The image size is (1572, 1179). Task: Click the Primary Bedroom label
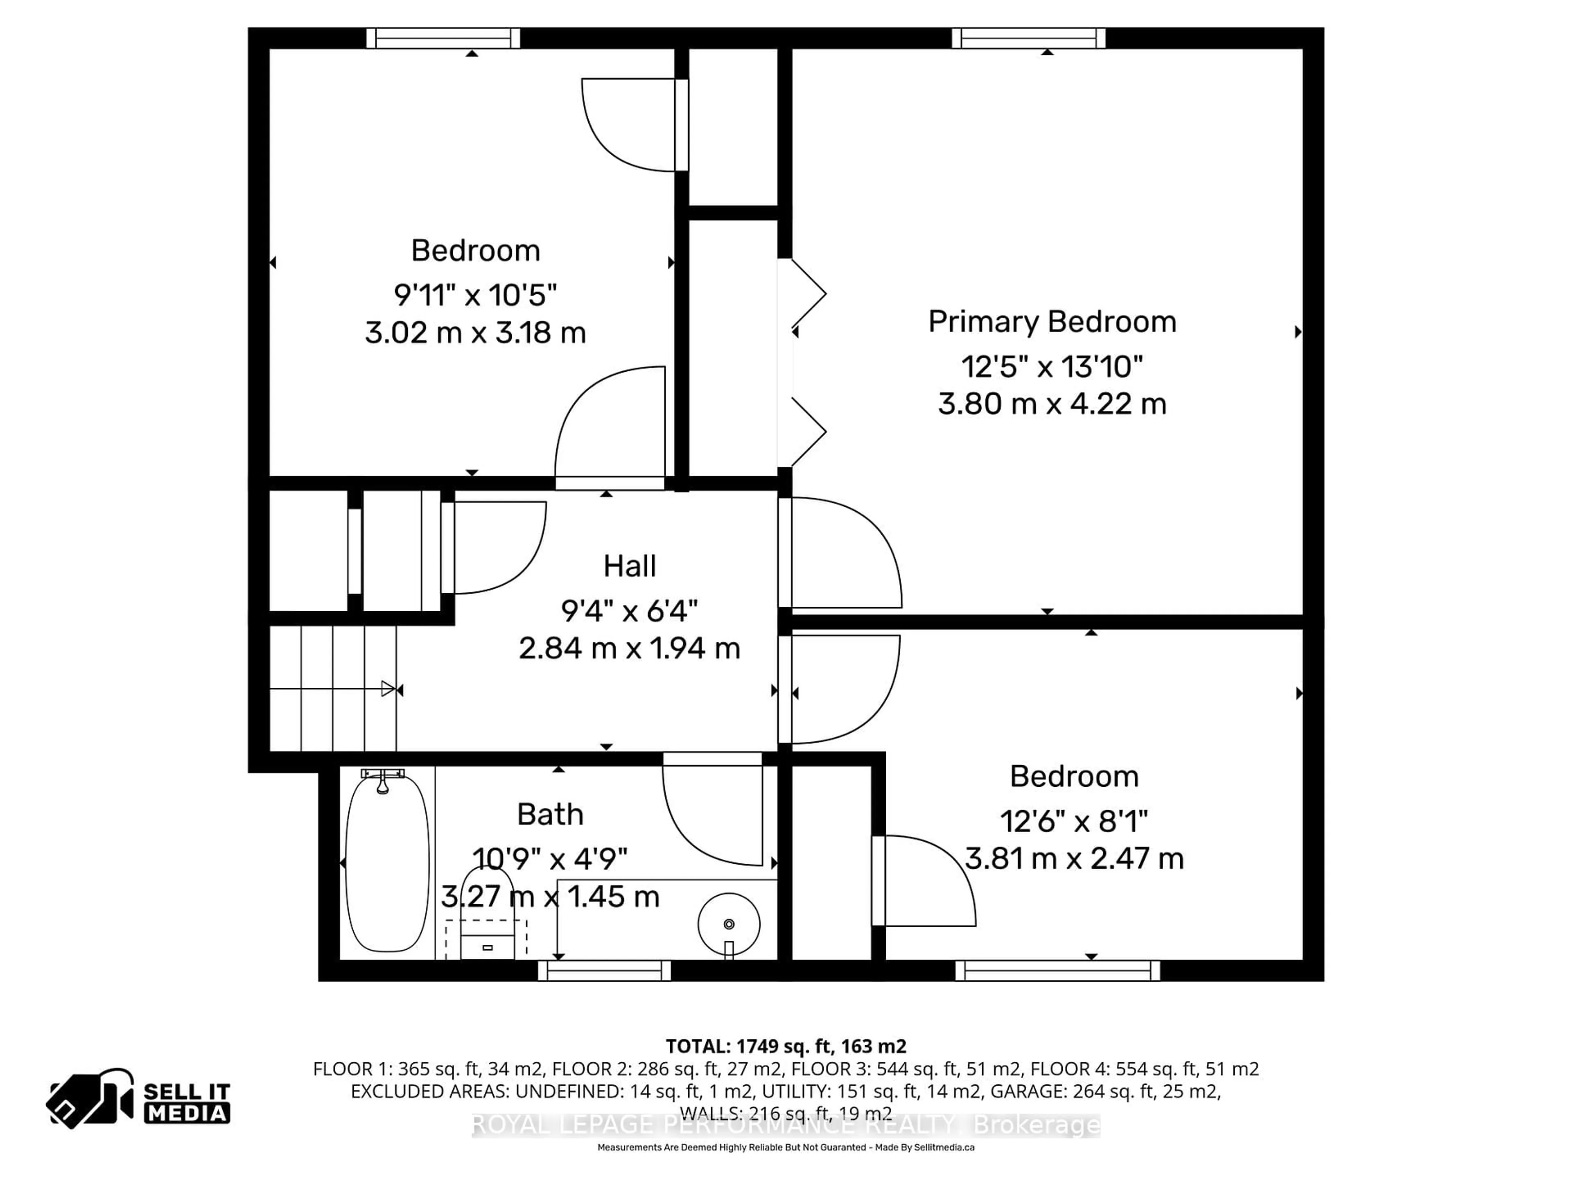pos(1052,322)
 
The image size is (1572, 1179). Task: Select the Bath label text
pos(550,814)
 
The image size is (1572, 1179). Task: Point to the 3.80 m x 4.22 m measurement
pos(1052,404)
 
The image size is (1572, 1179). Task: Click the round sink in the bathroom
pos(728,924)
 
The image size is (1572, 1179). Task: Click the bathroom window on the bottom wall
pos(604,971)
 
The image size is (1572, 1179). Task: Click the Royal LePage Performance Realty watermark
pos(786,1125)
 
